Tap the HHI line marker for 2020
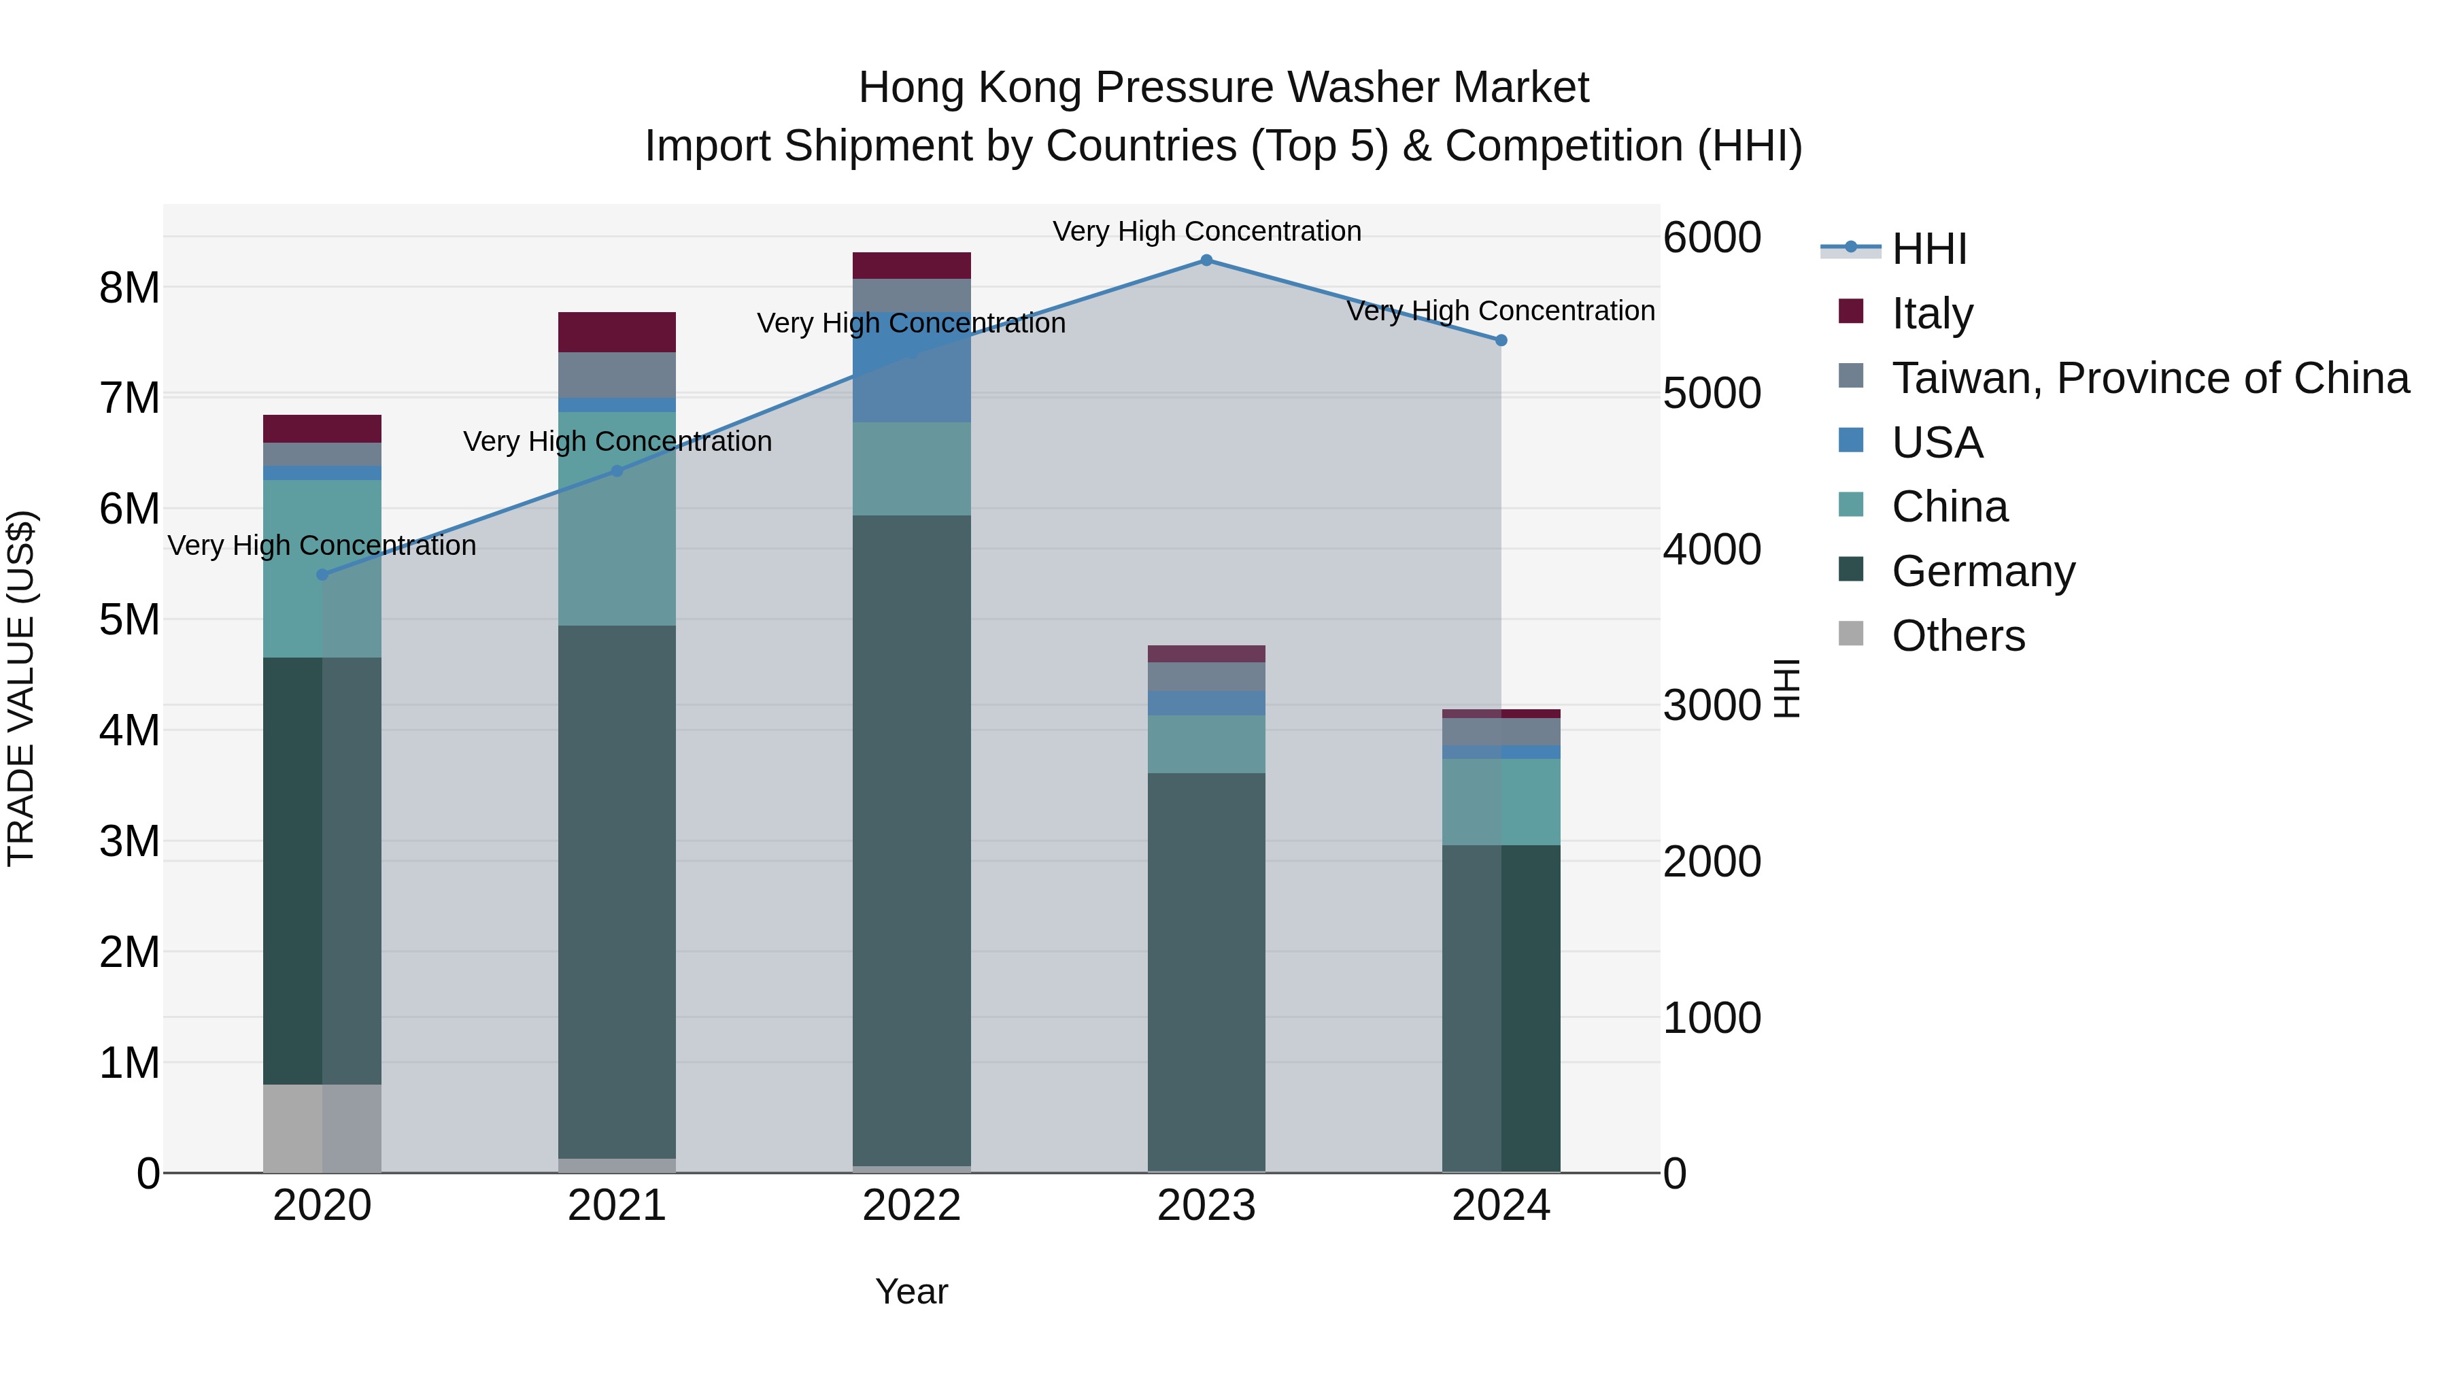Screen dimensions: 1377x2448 (322, 575)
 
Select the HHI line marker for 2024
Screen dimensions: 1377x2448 (1501, 340)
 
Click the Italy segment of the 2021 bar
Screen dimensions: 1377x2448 (617, 332)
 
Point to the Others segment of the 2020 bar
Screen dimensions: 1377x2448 (322, 1128)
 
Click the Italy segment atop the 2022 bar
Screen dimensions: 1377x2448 (911, 265)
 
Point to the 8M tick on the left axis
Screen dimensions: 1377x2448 (129, 287)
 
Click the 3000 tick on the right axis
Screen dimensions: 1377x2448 (1712, 705)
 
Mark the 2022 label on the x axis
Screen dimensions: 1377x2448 (911, 1206)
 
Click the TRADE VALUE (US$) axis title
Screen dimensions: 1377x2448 (21, 688)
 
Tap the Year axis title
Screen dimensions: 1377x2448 (911, 1291)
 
